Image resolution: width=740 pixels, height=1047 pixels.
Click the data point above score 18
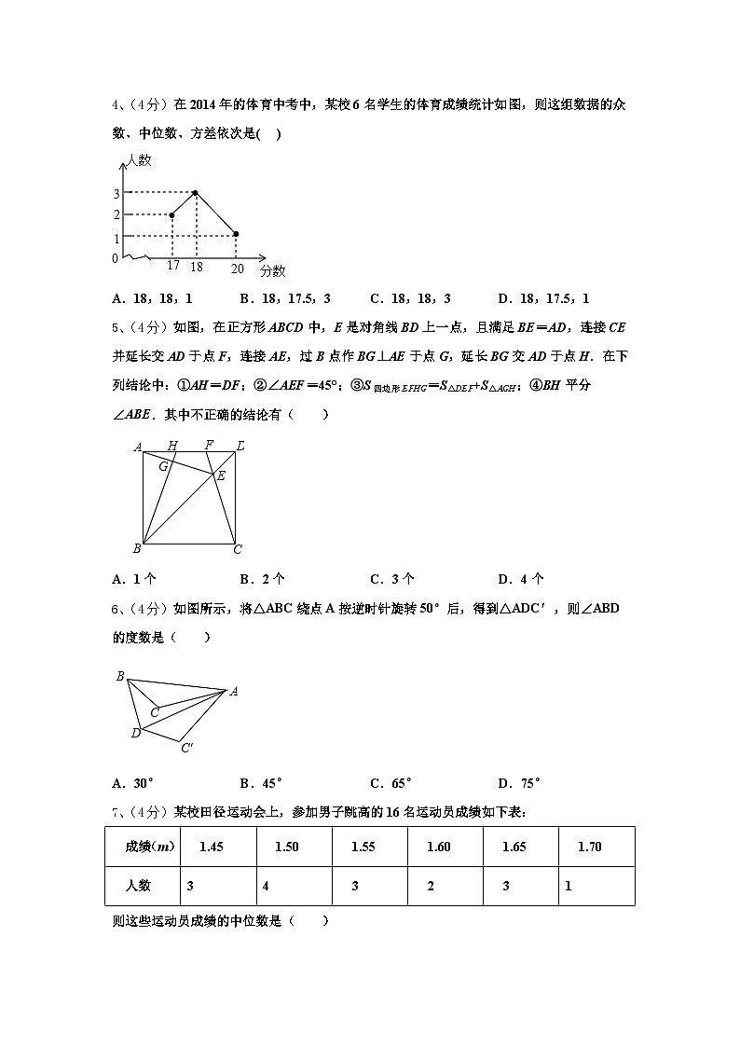coord(196,193)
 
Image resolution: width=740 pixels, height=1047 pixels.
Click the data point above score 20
coord(236,234)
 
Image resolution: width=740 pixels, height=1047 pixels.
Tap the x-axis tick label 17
coord(173,267)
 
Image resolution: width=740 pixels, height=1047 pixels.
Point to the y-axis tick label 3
coord(116,194)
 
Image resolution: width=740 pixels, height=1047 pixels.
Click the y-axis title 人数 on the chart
coord(138,160)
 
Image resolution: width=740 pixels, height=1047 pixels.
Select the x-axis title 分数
coord(273,270)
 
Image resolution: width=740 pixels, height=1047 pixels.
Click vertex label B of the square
coord(137,549)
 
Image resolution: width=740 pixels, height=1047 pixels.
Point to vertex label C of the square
coord(238,549)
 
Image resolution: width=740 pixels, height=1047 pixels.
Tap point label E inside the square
coord(221,476)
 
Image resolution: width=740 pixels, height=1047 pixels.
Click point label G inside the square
coord(163,465)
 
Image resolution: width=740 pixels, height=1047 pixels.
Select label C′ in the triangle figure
coord(187,748)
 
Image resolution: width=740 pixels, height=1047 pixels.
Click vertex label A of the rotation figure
coord(234,691)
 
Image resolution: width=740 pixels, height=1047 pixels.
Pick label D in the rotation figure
coord(135,733)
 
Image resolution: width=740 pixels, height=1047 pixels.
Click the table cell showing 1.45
coord(212,847)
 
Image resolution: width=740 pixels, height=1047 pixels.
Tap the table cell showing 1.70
coord(590,847)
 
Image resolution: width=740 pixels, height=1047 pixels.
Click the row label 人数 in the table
coord(138,886)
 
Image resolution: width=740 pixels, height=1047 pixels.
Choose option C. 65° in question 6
coord(391,783)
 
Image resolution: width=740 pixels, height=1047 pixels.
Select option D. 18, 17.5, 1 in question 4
coord(543,299)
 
